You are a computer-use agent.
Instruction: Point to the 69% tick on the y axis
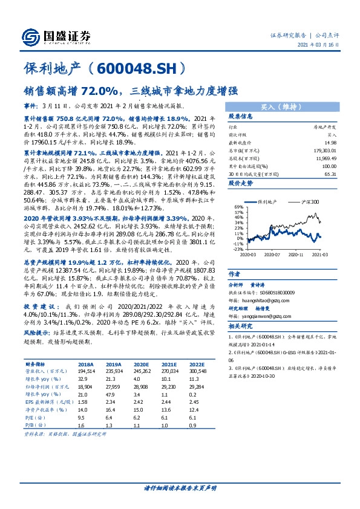click(x=237, y=207)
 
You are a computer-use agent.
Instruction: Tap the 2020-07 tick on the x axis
click(x=275, y=254)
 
